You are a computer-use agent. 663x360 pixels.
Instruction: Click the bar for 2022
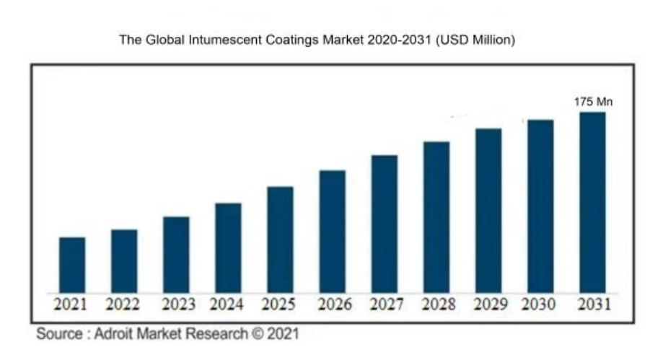point(124,260)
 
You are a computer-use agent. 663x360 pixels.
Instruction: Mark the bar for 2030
point(540,206)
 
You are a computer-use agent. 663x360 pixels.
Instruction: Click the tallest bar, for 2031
point(592,201)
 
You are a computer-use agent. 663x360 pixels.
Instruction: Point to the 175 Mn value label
point(593,103)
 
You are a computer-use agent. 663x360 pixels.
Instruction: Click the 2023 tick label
point(176,305)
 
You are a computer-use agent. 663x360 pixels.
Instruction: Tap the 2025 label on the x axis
point(278,305)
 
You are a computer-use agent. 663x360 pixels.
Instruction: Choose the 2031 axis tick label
point(594,305)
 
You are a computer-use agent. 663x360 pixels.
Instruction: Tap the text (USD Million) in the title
point(474,41)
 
